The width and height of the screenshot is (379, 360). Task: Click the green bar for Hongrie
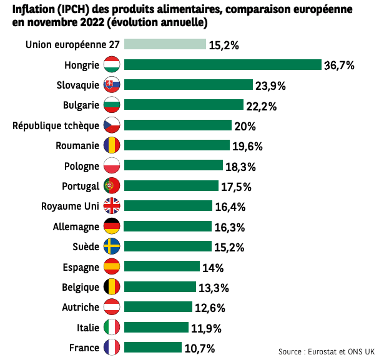[223, 65]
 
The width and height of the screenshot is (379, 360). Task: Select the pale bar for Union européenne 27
[165, 44]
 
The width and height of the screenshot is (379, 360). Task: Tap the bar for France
[153, 348]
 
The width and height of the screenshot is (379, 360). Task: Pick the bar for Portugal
[171, 186]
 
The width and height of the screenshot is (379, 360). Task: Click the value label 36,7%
[339, 65]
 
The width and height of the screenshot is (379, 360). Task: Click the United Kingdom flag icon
[112, 206]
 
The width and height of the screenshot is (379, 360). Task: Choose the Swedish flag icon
[112, 246]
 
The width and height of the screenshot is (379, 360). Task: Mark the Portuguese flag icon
[112, 186]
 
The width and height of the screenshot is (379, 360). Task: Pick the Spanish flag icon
[112, 267]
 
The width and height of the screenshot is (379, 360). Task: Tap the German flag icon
[112, 226]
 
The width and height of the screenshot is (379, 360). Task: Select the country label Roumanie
[77, 146]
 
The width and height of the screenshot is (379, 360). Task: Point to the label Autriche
[81, 307]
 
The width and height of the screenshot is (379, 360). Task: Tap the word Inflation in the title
[29, 10]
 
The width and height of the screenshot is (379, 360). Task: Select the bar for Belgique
[159, 287]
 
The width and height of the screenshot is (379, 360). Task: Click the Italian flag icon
[112, 328]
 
